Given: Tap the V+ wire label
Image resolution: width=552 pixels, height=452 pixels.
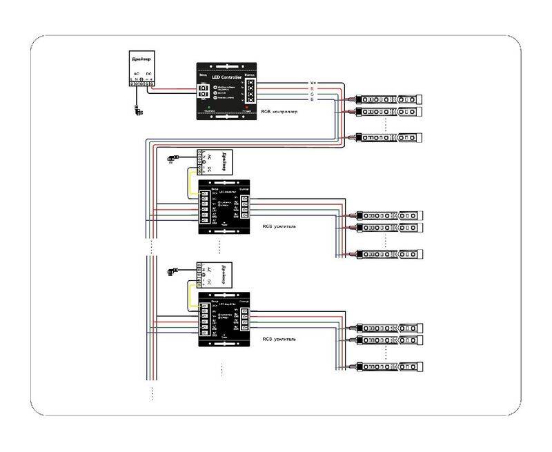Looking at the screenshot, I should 313,83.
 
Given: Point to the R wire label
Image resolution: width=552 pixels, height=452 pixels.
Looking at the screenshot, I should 312,89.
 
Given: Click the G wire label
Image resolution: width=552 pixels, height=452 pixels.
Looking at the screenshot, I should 312,95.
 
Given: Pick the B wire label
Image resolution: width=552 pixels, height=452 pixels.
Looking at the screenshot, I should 312,101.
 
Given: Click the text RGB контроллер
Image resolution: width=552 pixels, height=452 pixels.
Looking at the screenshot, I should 279,112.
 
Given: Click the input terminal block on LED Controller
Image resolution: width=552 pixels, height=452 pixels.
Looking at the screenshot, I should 204,91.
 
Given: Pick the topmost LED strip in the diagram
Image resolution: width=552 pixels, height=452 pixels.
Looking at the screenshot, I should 386,99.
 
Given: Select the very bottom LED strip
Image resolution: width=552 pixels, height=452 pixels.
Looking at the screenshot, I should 386,366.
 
